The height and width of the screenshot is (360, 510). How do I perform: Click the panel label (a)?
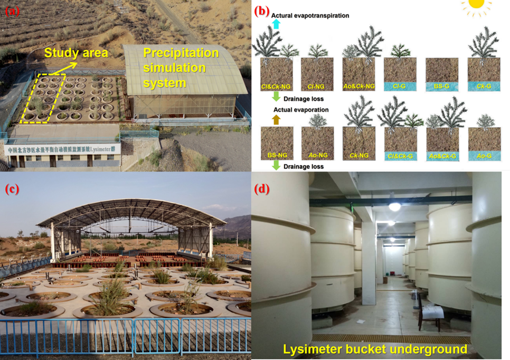pos(12,10)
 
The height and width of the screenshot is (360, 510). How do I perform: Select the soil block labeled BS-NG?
pos(277,143)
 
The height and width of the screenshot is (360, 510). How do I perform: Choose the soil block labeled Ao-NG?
pos(317,143)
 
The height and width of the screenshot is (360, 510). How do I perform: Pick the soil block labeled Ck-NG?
pos(359,144)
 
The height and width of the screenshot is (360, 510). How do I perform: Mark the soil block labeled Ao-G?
pos(484,144)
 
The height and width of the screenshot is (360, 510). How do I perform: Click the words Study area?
pos(76,52)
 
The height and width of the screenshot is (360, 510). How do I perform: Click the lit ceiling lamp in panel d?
pos(394,207)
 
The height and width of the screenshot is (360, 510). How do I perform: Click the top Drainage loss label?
pos(304,98)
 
